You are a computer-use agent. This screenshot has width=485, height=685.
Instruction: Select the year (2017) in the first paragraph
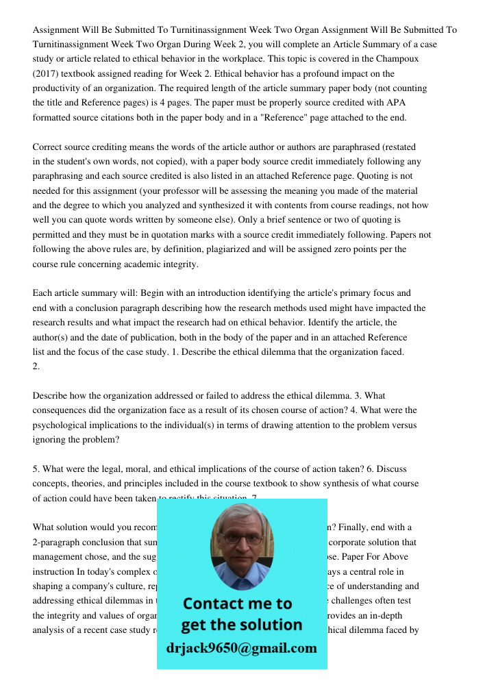tap(47, 74)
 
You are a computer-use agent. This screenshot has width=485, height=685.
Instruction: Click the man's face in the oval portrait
tap(241, 541)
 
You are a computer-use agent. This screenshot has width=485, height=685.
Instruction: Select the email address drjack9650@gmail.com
tap(241, 648)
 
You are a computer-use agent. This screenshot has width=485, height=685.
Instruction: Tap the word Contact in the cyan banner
tap(216, 603)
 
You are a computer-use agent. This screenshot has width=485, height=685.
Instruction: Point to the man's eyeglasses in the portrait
tap(241, 538)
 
